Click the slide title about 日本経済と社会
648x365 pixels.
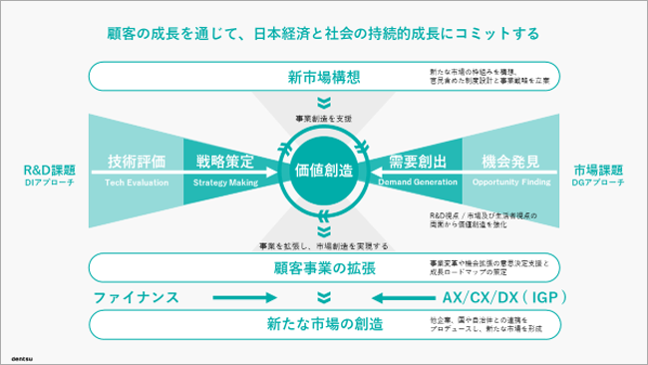323,33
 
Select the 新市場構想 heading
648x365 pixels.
324,77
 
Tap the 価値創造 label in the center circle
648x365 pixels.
324,171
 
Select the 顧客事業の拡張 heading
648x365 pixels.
324,267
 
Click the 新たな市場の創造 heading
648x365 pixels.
324,325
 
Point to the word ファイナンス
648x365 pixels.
136,297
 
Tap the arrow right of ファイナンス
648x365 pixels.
240,297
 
